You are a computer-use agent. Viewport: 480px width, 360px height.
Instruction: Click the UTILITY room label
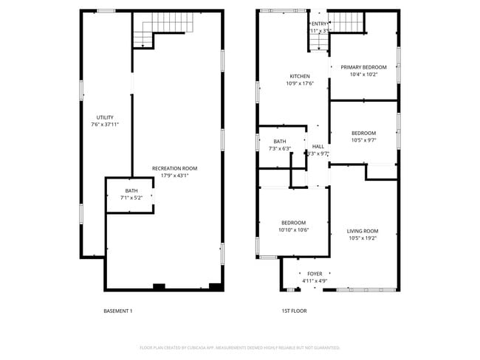[x=105, y=117]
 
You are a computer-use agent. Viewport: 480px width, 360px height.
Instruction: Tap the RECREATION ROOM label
[x=174, y=168]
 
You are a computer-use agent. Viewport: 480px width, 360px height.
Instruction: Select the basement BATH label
[x=131, y=191]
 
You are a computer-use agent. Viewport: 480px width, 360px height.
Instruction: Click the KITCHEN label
[x=299, y=76]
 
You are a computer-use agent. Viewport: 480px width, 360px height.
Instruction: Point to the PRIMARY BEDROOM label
[x=363, y=67]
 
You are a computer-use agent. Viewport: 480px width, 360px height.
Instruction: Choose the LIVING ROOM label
[x=363, y=231]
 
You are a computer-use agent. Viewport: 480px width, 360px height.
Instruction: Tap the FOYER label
[x=315, y=274]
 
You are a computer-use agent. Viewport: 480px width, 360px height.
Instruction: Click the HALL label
[x=318, y=146]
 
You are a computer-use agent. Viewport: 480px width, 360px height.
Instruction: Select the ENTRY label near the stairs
[x=319, y=24]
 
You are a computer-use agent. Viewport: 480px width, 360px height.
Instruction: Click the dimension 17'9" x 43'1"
[x=174, y=176]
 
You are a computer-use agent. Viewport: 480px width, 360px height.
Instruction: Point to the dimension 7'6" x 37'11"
[x=105, y=125]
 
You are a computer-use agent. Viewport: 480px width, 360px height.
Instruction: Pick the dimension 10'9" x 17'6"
[x=299, y=83]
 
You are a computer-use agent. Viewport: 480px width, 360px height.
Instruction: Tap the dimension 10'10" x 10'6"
[x=293, y=230]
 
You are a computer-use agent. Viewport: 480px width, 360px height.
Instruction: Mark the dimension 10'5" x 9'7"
[x=363, y=140]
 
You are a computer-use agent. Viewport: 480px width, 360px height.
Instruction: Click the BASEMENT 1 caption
[x=117, y=311]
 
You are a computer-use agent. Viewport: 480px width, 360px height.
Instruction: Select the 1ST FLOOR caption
[x=294, y=311]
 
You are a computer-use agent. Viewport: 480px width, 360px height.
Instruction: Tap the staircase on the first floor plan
[x=347, y=24]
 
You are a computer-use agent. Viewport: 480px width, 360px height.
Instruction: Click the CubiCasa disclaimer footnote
[x=239, y=347]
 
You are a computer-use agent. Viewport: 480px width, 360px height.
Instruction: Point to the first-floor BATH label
[x=280, y=141]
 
